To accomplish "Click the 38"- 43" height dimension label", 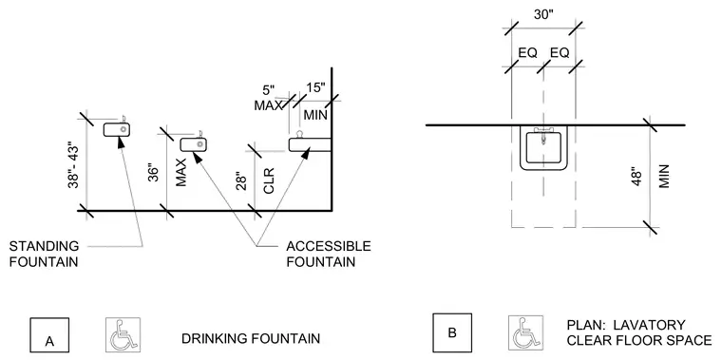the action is point(73,166).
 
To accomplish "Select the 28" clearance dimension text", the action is point(241,180).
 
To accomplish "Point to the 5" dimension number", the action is point(269,90).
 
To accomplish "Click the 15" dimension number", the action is point(315,87).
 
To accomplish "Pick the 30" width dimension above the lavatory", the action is point(543,14).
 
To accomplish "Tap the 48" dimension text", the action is point(636,179).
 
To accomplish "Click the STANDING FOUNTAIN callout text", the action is point(44,254).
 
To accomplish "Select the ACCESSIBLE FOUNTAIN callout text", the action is point(329,254).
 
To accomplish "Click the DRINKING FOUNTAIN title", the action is point(251,339).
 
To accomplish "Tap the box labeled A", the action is point(49,335).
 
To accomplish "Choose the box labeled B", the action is point(451,332).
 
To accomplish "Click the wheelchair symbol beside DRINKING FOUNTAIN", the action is point(123,334).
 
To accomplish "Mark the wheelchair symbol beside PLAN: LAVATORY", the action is point(525,332).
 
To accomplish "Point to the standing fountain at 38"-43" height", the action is point(117,129).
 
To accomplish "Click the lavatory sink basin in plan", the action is point(543,148).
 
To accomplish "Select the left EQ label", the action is point(527,53).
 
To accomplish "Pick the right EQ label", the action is point(560,53).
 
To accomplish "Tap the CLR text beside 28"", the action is point(269,180).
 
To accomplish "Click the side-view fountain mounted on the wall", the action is point(310,142).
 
